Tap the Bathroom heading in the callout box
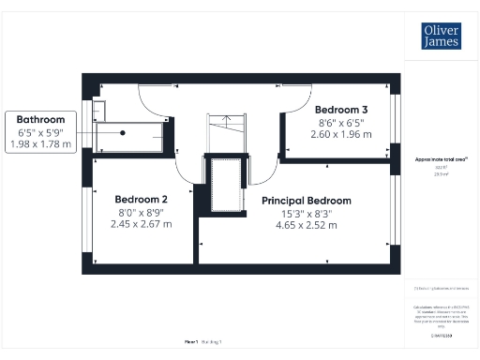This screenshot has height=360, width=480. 39,119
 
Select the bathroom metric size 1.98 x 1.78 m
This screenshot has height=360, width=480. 39,143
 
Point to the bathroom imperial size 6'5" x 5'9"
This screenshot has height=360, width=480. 39,132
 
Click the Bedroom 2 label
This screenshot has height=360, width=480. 141,200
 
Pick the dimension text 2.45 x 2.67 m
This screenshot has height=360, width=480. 141,224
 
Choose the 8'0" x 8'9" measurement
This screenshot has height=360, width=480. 141,212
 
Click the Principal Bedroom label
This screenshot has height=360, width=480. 306,201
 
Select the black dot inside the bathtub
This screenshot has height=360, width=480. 122,132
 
